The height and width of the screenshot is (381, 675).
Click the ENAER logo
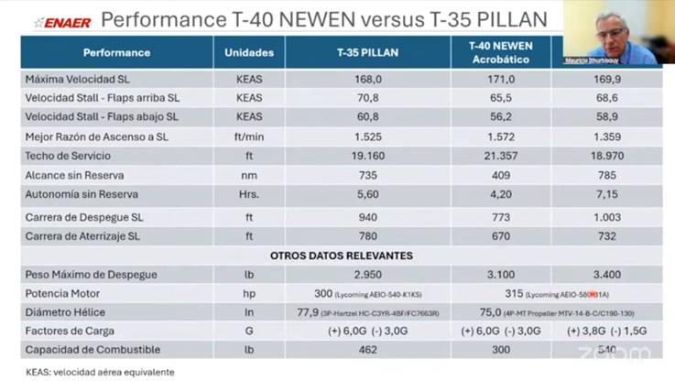(x=61, y=22)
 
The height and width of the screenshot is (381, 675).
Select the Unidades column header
(x=248, y=53)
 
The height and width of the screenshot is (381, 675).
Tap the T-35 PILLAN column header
(x=366, y=53)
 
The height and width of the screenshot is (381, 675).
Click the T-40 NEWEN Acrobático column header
(x=500, y=51)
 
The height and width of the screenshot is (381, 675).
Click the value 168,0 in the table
(x=366, y=79)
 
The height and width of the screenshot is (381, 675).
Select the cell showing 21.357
(x=500, y=156)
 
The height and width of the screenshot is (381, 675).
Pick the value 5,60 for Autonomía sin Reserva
(x=366, y=194)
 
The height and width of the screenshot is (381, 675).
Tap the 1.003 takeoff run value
(x=607, y=217)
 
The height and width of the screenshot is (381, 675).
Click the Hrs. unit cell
(x=248, y=194)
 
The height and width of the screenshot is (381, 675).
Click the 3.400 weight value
(x=607, y=275)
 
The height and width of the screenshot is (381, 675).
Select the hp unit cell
(x=248, y=294)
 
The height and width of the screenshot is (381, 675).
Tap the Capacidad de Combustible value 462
(x=366, y=350)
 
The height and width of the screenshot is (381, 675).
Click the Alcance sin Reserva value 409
(x=500, y=175)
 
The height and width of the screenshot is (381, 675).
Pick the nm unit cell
(x=248, y=175)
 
